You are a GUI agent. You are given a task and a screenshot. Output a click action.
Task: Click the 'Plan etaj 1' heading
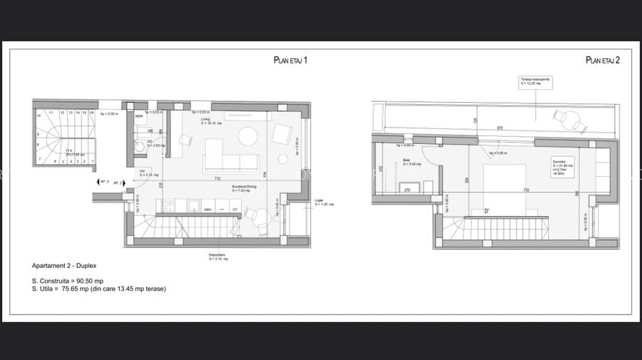290,61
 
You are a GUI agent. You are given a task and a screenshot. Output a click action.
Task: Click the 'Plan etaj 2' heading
603,61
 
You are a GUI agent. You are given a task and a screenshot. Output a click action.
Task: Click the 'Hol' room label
142,172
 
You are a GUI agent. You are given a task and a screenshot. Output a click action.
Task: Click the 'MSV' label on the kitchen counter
208,210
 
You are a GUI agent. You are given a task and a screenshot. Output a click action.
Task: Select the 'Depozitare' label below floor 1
219,257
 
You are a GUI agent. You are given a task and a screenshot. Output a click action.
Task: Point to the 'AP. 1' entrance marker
103,182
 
